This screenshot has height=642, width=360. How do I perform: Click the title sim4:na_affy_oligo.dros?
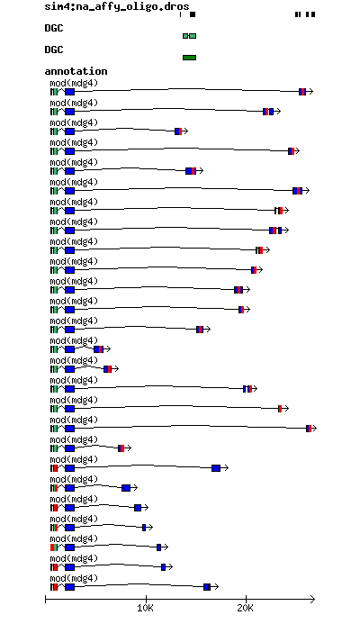click(117, 6)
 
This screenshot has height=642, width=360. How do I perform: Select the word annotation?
click(76, 71)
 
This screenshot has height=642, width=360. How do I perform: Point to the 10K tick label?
click(145, 609)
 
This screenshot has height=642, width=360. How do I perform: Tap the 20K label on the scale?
click(246, 609)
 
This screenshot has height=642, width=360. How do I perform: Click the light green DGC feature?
click(189, 36)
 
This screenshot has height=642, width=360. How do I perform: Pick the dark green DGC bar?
click(189, 58)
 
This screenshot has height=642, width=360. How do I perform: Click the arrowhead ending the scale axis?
click(313, 600)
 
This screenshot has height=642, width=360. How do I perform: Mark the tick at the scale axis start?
click(45, 600)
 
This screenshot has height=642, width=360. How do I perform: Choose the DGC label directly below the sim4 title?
click(54, 28)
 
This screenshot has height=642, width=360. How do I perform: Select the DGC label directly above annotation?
click(54, 50)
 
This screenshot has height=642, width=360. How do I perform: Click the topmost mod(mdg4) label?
click(74, 84)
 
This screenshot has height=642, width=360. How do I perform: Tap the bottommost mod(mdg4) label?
click(74, 579)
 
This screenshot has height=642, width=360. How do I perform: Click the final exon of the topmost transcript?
click(302, 92)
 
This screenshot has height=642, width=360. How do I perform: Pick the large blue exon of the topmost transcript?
click(69, 92)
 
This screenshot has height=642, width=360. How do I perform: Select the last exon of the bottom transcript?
click(207, 587)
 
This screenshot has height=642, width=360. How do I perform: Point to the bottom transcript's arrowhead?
click(216, 587)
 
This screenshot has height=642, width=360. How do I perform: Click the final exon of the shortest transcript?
click(98, 349)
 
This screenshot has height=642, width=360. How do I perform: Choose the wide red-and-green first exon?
click(54, 547)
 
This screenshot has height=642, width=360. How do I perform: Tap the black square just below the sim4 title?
click(193, 14)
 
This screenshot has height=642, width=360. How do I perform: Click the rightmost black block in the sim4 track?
click(313, 14)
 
